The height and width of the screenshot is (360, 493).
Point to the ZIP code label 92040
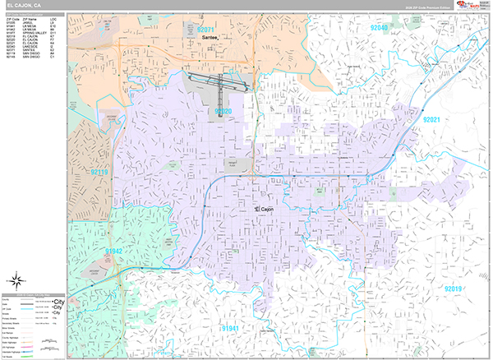tap(379, 28)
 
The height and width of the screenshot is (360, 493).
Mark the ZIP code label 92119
tap(99, 172)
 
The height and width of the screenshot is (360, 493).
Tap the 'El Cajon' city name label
tap(264, 210)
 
